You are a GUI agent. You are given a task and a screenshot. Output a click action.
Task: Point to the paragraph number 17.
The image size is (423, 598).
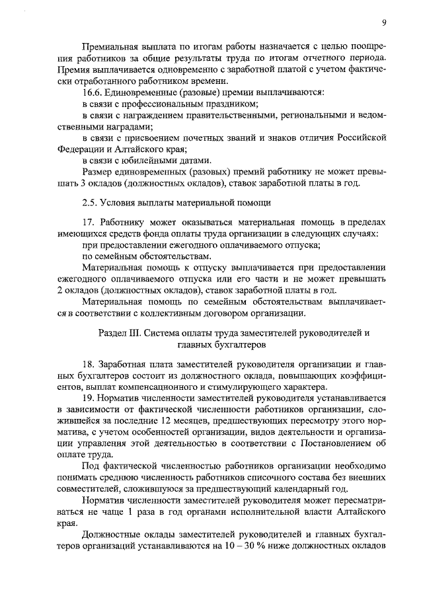[x=88, y=222]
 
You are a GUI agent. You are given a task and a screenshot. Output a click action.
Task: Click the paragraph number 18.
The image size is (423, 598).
[x=89, y=364]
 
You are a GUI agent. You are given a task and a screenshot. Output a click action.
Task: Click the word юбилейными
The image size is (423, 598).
[x=145, y=161]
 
